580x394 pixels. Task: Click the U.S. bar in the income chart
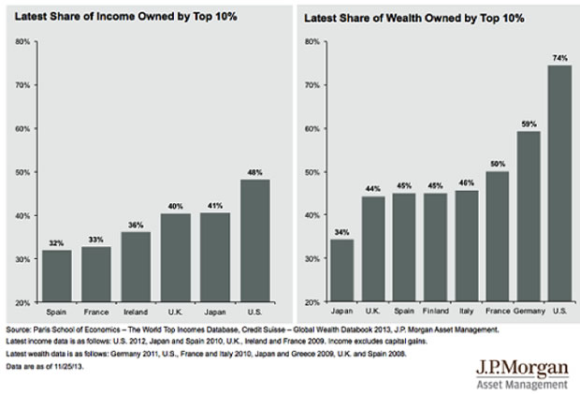coord(254,241)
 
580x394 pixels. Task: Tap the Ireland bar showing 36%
coord(136,267)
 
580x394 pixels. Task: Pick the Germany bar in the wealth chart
coord(529,216)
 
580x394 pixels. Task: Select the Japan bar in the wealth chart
coord(343,270)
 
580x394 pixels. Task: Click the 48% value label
coord(254,172)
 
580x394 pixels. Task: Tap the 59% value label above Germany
coord(529,124)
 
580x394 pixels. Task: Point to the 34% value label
coord(343,232)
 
